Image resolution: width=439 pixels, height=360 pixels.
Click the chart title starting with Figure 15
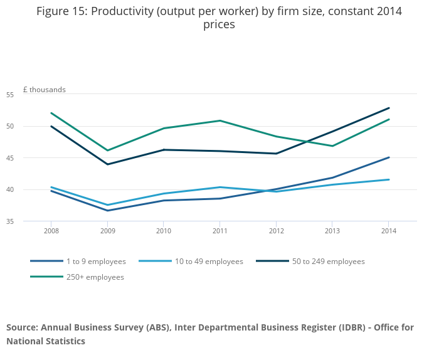[x=219, y=18]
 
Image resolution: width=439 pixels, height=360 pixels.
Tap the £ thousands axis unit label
[x=44, y=90]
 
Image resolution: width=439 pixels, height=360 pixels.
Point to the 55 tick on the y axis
[x=27, y=95]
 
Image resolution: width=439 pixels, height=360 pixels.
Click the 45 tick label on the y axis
[x=27, y=158]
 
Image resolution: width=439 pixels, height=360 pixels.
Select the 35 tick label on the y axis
[x=27, y=221]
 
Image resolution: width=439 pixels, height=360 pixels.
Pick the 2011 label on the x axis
[x=219, y=231]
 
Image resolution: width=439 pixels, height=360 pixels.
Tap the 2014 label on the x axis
[x=389, y=231]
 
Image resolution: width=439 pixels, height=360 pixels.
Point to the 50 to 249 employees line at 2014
[x=389, y=108]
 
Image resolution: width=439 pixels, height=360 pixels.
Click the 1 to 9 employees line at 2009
[x=107, y=211]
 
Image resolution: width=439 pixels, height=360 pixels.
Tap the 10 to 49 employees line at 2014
[x=389, y=180]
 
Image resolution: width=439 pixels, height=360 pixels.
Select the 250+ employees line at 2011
[x=219, y=120]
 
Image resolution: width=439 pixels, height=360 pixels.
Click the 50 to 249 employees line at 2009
[x=107, y=164]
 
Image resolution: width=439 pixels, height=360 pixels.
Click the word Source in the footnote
[x=22, y=327]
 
